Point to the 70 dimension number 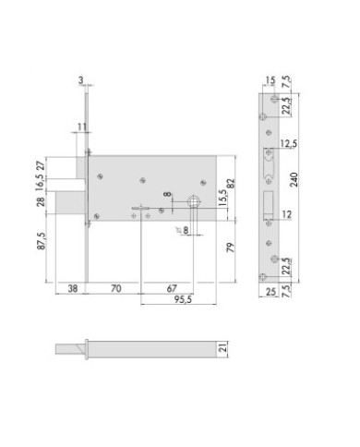tap(114, 287)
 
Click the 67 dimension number tap(172, 287)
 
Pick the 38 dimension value tap(72, 287)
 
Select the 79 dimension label tap(231, 246)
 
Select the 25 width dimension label tap(268, 293)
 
